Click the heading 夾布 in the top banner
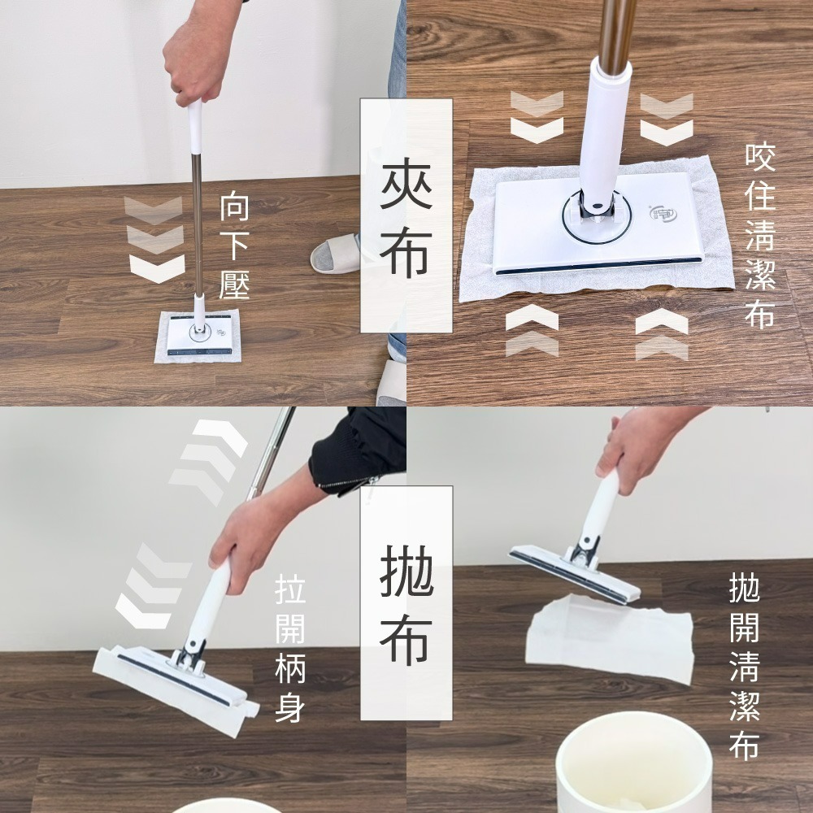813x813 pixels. (406, 215)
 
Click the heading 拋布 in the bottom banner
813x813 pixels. (406, 606)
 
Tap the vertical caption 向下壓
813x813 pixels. (234, 248)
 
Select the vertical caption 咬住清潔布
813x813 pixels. (760, 236)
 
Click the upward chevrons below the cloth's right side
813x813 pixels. (661, 333)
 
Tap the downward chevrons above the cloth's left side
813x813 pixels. (537, 118)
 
